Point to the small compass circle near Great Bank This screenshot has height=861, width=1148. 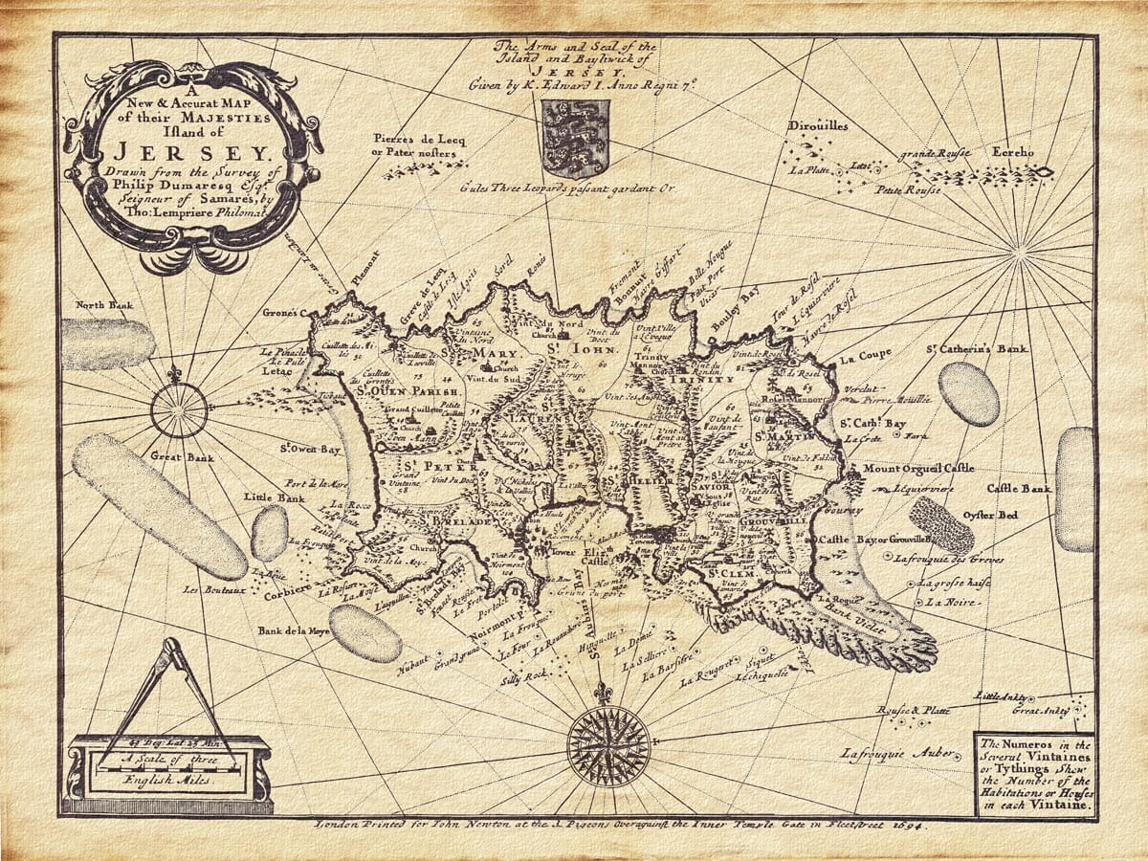pos(179,410)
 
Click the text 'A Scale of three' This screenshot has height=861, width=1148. pos(169,762)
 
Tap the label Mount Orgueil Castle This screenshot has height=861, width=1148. pos(918,469)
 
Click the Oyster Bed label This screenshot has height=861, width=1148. pos(991,516)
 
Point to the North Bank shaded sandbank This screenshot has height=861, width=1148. pos(107,343)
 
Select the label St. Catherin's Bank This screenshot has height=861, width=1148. pos(977,348)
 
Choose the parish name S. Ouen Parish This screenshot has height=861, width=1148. pos(395,391)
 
